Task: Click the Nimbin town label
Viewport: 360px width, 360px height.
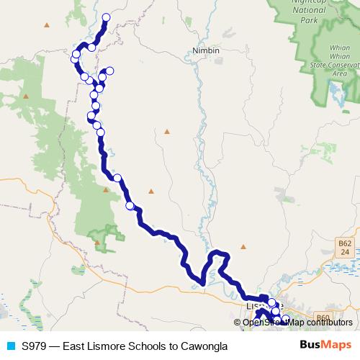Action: click(206, 50)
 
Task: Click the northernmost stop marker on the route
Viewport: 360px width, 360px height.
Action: click(107, 17)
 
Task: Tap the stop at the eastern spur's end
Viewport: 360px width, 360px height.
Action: click(109, 71)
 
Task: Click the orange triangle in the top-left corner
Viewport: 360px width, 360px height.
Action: click(47, 25)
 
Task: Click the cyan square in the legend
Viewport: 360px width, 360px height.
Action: click(11, 346)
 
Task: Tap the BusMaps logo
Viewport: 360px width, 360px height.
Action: click(325, 346)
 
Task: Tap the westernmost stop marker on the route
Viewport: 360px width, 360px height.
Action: click(74, 60)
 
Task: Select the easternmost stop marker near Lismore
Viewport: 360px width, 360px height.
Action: click(285, 318)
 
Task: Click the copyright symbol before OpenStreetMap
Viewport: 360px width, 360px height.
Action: click(238, 323)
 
